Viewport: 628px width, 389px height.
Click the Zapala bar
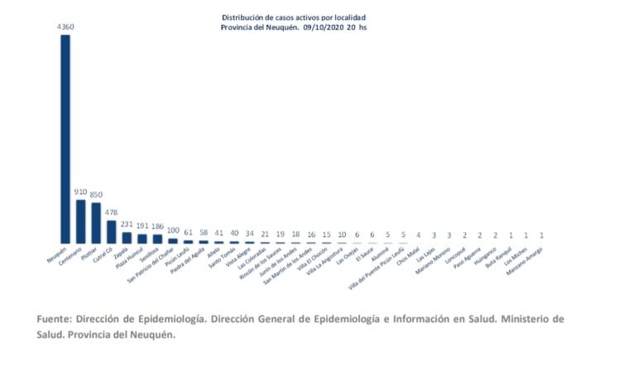127,238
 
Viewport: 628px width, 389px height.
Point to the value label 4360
65,27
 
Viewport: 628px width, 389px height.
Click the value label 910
80,192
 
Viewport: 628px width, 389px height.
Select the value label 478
112,212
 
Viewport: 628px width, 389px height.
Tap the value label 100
173,230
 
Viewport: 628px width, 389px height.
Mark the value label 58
204,233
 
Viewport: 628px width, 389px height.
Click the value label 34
250,234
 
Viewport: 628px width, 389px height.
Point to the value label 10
342,235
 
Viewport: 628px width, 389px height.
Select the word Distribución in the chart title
243,17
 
